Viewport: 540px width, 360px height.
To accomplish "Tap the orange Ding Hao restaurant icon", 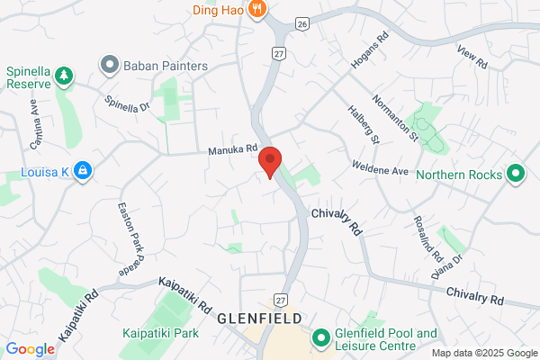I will coord(257,10).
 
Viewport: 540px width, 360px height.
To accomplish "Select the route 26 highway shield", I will coord(302,22).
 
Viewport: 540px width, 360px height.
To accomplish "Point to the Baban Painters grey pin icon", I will coord(110,65).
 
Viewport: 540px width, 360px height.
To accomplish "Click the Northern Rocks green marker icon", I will coord(516,172).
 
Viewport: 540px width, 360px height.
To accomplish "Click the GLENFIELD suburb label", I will coord(257,319).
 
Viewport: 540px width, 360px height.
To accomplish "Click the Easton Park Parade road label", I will coord(130,238).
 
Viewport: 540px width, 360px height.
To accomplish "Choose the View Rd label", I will coord(472,58).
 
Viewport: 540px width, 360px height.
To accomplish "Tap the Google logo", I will coord(31,349).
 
